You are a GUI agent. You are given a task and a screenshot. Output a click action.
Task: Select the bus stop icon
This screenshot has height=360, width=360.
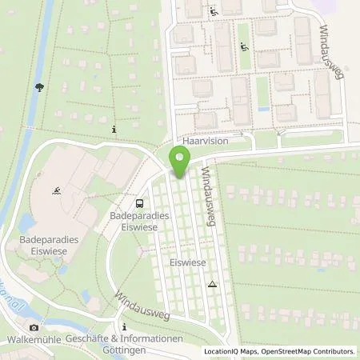coord(140,204)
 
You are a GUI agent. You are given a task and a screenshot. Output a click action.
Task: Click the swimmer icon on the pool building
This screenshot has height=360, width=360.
coord(58,192)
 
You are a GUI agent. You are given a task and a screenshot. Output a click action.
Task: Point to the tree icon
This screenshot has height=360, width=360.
coord(38,90)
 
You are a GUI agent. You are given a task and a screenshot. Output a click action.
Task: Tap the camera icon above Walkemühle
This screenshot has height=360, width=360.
coord(34,327)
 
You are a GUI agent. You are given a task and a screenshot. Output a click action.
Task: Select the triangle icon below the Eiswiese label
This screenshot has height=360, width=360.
coord(212,284)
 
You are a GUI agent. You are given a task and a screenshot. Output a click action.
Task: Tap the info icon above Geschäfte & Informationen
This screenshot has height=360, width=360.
coord(125,326)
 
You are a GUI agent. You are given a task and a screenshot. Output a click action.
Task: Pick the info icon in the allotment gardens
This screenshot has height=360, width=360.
coord(114,129)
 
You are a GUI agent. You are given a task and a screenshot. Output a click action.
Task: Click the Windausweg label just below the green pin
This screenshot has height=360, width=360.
coord(209,198)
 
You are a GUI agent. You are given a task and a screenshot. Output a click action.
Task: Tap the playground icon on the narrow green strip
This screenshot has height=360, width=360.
coord(242,46)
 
